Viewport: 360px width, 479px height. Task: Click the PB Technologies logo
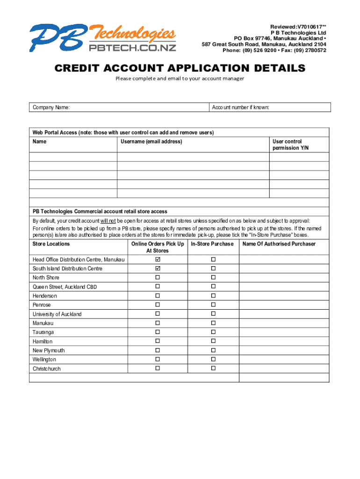[x=103, y=37]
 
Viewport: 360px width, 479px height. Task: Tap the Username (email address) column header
[x=151, y=142]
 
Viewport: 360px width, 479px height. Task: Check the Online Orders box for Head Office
[x=158, y=259]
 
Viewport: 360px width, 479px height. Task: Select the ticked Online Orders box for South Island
[x=158, y=269]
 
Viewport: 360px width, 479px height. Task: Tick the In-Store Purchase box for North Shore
[x=213, y=277]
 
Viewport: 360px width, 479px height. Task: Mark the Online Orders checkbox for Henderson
[x=158, y=296]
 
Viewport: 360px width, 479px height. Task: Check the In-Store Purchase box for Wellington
[x=213, y=359]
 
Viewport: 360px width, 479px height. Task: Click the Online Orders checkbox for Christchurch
[x=158, y=369]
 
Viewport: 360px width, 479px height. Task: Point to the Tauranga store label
[x=43, y=332]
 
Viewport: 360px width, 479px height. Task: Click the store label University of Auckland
[x=57, y=314]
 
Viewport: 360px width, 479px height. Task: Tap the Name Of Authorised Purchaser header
[x=279, y=244]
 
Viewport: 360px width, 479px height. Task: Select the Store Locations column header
[x=51, y=244]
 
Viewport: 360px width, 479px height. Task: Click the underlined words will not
[x=108, y=221]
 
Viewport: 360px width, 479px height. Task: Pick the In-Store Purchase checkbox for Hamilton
[x=213, y=341]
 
